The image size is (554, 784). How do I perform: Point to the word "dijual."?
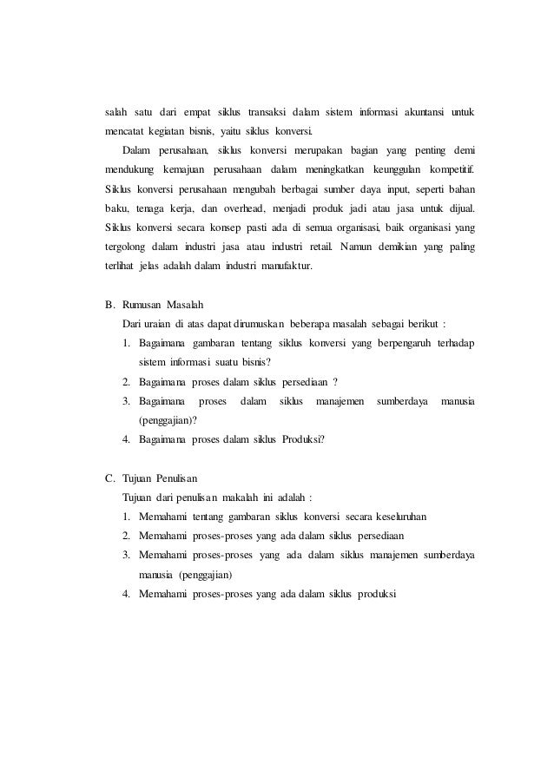click(x=458, y=209)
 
